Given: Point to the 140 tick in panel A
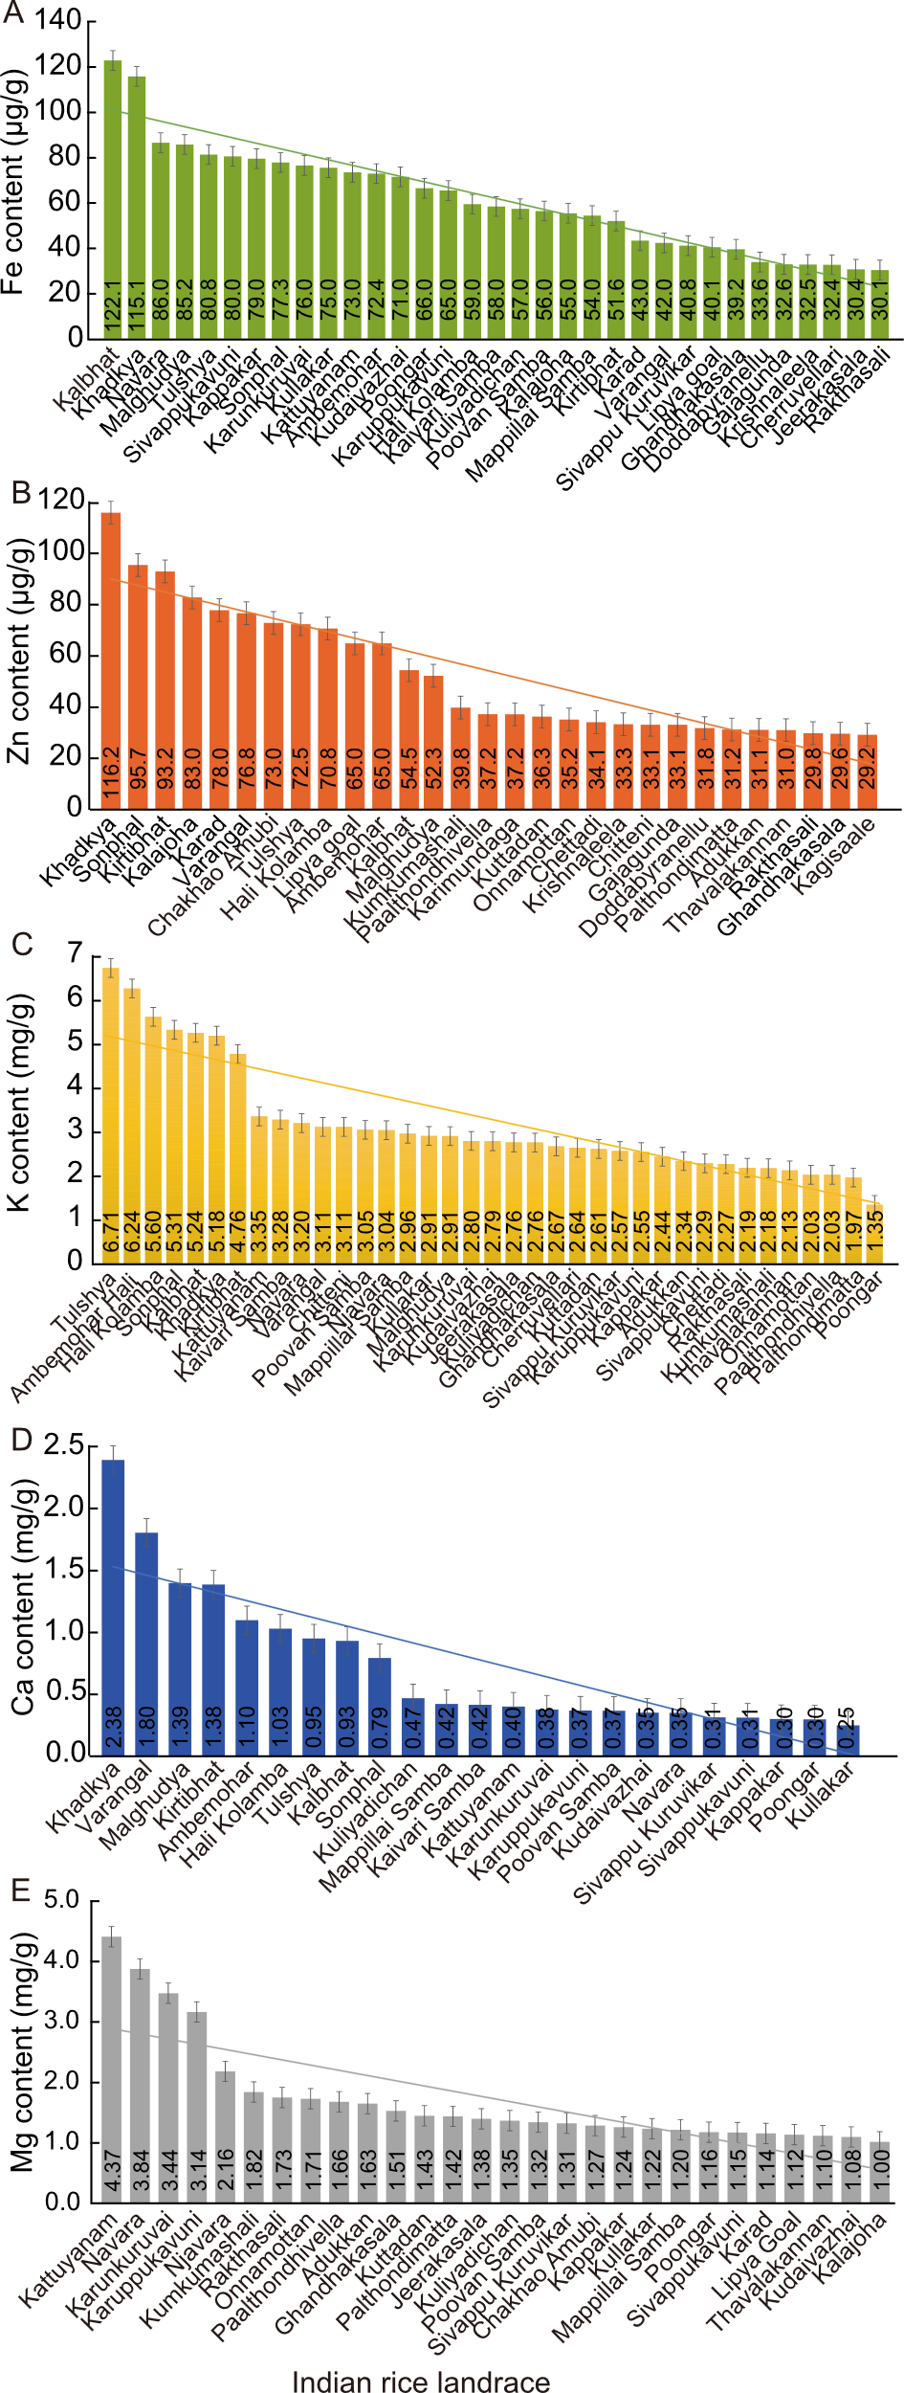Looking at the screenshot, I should [x=58, y=22].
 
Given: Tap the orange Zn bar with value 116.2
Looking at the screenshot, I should [x=111, y=660].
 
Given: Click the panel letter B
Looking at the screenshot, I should [x=20, y=492].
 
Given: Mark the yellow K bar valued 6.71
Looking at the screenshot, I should [x=111, y=1115].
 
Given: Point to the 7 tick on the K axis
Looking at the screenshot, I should [x=75, y=953].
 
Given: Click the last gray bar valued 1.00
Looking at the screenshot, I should [x=879, y=2172].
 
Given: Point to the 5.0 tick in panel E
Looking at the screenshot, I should [x=62, y=1900].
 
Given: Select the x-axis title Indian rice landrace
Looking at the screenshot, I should [x=421, y=2381].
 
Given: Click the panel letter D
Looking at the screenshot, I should [x=20, y=1440].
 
